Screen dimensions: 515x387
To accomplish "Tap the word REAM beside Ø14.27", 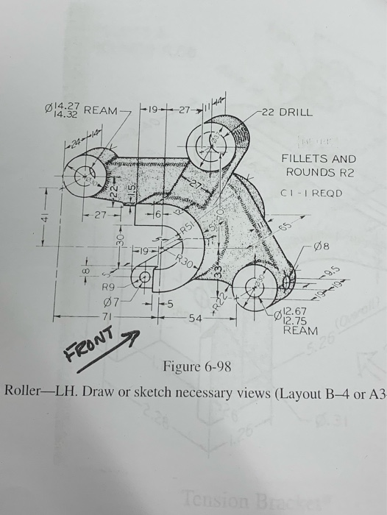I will (100, 110).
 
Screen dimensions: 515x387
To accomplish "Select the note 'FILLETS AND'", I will (318, 159).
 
